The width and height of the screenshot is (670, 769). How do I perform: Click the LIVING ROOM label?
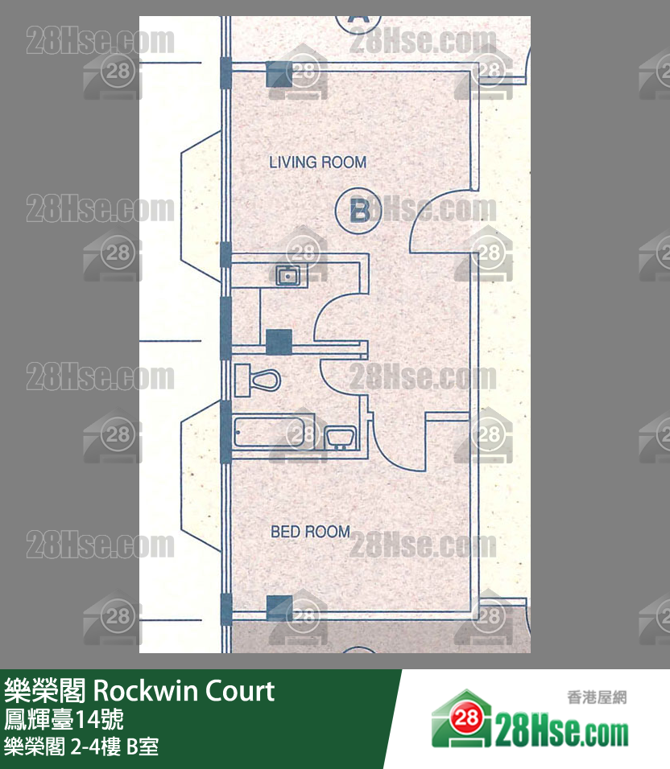[317, 162]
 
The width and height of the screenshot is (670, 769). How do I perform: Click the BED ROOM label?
[310, 532]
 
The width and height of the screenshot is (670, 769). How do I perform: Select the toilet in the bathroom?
[257, 377]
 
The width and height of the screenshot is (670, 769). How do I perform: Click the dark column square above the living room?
[279, 74]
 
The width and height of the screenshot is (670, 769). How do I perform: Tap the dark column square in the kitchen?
[278, 342]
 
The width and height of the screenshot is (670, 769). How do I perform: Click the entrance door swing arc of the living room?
[440, 223]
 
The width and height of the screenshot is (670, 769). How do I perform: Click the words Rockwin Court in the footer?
[184, 691]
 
